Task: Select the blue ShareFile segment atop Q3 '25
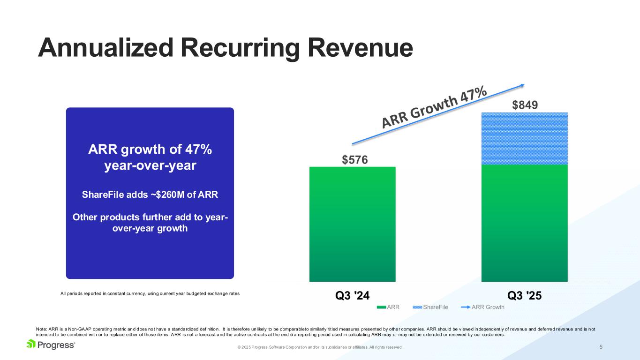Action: point(524,139)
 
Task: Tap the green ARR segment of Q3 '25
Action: point(524,223)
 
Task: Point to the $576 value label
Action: point(354,160)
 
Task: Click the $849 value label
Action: point(525,105)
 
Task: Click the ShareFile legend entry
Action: point(435,307)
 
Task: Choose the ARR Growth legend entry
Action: point(488,307)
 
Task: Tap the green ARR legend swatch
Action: point(380,307)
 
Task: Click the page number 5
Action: point(601,347)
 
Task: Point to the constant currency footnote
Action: point(150,293)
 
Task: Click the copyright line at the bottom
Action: point(320,347)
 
